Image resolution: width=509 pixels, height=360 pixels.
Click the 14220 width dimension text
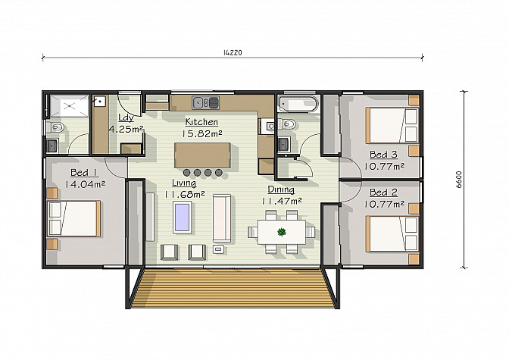(233, 52)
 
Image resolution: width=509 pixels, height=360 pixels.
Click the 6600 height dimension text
(458, 180)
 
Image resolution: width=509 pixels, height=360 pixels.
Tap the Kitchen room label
(201, 122)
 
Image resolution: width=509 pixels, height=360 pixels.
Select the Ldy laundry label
(126, 117)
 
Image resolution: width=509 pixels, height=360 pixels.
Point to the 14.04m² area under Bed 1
(85, 185)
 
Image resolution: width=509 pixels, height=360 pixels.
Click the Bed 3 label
(383, 155)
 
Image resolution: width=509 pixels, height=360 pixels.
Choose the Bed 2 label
(383, 193)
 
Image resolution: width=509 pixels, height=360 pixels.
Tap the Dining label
(281, 189)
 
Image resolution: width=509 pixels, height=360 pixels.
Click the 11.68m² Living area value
(184, 195)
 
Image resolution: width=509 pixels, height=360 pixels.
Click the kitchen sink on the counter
(205, 102)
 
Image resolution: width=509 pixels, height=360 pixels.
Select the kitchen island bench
(202, 155)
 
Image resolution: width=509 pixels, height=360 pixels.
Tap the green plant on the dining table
(282, 232)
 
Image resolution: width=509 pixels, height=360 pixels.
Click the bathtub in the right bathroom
(298, 105)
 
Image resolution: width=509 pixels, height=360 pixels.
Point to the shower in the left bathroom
(70, 106)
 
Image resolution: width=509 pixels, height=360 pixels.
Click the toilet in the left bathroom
(55, 127)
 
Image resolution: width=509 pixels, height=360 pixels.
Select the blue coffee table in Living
(182, 217)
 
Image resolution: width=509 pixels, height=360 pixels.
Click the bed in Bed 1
(74, 218)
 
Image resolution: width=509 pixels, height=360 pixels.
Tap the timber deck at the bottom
(233, 288)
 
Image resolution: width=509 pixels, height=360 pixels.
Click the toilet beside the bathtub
(286, 124)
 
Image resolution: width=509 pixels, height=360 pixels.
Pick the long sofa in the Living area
(222, 218)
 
